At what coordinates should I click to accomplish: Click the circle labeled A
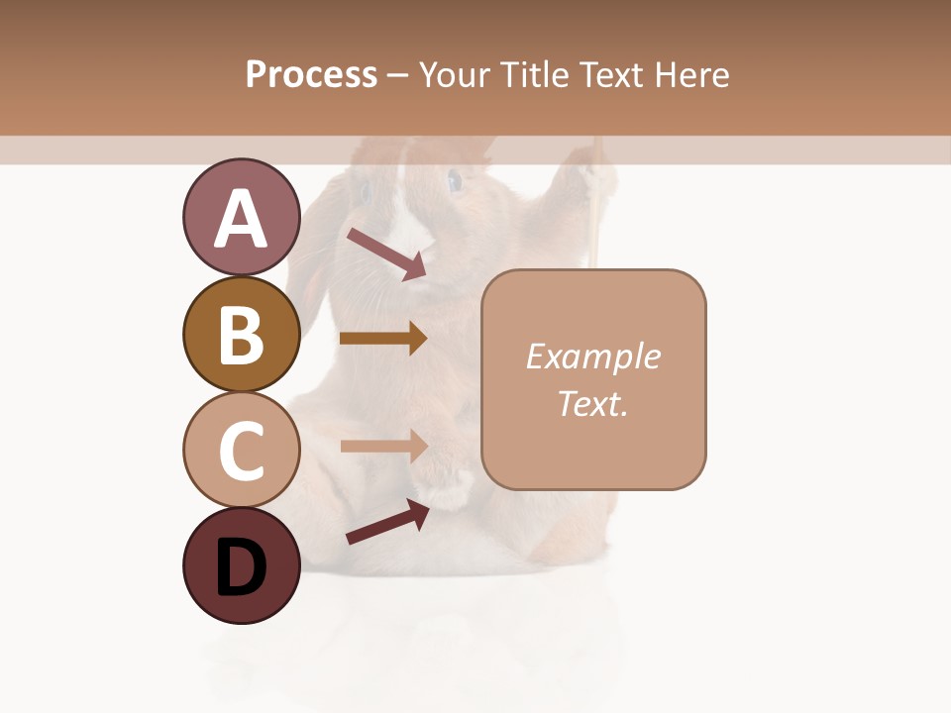[x=241, y=217]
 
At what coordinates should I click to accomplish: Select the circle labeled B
[x=241, y=334]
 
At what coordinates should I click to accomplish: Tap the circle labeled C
[x=241, y=450]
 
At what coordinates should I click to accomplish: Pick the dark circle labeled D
[x=241, y=565]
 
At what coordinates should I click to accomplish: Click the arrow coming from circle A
[x=385, y=254]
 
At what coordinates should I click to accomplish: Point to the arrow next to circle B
[x=382, y=339]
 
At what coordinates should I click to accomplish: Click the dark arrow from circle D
[x=386, y=522]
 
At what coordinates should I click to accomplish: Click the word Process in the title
[x=311, y=75]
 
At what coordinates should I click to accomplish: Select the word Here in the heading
[x=692, y=75]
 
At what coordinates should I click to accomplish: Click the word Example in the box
[x=592, y=356]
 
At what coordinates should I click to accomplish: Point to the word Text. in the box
[x=592, y=403]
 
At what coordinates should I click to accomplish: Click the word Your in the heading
[x=452, y=75]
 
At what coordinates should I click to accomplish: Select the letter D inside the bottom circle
[x=241, y=568]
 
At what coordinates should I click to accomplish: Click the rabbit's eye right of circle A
[x=455, y=181]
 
